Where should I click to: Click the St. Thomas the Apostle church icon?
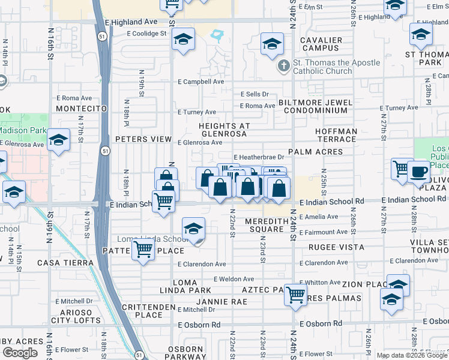(282, 67)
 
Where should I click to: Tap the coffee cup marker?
(418, 171)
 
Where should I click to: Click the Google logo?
(20, 353)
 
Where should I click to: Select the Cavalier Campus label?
(321, 44)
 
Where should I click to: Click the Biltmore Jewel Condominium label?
(316, 107)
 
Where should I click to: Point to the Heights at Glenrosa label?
(224, 130)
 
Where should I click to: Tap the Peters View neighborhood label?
(143, 139)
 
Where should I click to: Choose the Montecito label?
(80, 109)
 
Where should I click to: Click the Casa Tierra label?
(65, 263)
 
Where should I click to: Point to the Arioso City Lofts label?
(76, 316)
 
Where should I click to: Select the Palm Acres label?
(315, 152)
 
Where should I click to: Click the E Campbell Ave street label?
(200, 82)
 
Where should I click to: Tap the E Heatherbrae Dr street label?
(258, 157)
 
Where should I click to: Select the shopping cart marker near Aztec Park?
(295, 295)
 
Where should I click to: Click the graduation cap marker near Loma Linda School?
(193, 229)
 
